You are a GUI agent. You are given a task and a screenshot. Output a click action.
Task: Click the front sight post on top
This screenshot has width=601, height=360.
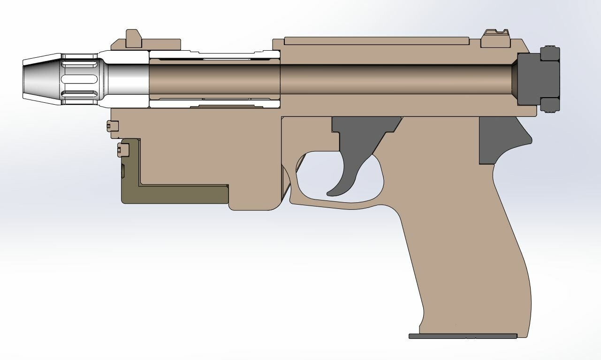134,39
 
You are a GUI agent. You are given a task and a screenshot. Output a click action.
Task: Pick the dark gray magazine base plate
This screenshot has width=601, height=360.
463,336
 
